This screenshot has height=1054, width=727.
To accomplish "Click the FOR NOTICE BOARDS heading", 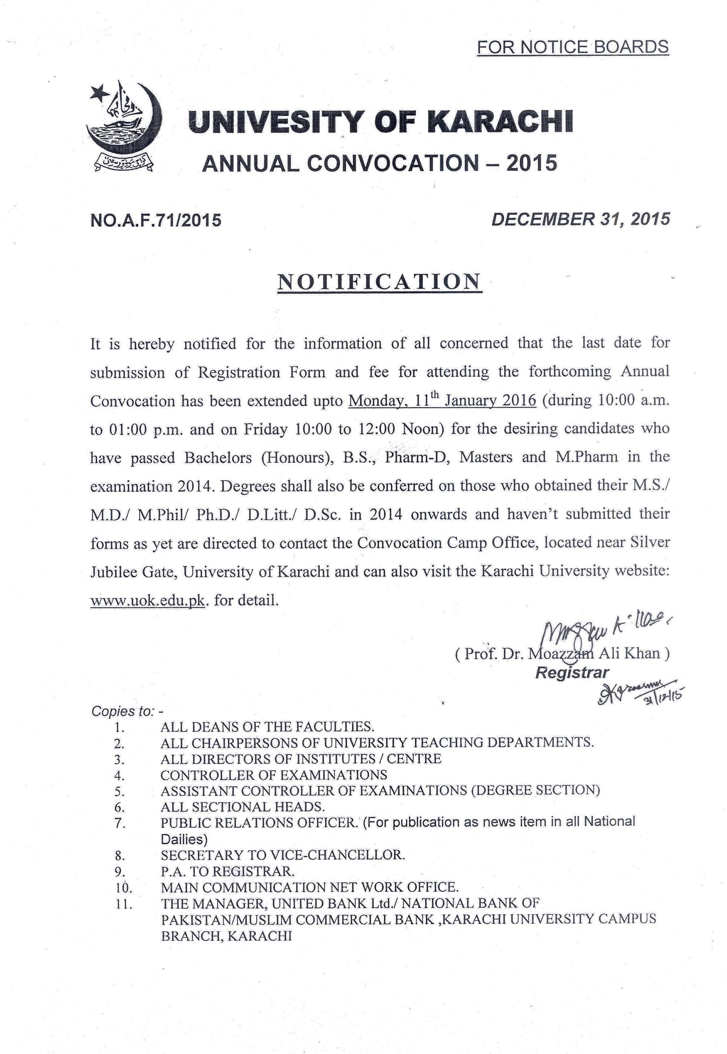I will (573, 47).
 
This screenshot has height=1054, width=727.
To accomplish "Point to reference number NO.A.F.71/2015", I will (156, 220).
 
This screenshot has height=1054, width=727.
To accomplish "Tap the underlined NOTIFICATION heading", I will (379, 282).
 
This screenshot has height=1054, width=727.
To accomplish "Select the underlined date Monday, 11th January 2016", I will (442, 401).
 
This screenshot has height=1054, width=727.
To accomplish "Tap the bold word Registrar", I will (572, 672).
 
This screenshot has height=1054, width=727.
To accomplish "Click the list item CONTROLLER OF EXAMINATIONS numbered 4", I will (274, 775).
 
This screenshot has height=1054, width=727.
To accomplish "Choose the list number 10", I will (120, 887).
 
